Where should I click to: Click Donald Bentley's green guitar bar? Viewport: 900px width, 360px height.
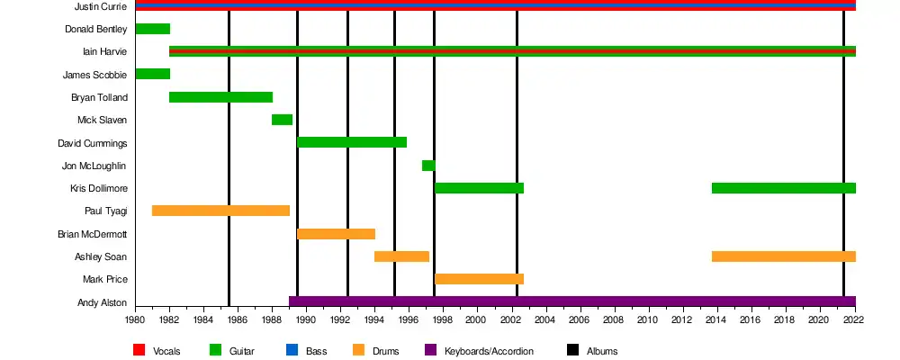point(152,29)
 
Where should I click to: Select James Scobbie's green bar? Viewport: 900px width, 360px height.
point(152,74)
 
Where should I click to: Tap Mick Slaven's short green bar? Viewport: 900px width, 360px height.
point(282,120)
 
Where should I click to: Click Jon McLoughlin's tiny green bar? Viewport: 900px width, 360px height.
point(428,166)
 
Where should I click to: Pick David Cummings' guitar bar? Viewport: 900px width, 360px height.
point(352,142)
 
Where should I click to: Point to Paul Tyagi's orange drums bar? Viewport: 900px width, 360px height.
point(220,211)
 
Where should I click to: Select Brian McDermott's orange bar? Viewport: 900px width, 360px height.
point(336,234)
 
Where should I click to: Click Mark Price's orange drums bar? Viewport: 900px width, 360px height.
point(479,279)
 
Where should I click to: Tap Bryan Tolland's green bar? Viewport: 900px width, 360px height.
point(220,97)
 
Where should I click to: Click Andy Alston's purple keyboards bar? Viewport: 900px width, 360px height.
point(571,301)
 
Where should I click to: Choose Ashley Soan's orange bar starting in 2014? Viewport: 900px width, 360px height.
point(783,256)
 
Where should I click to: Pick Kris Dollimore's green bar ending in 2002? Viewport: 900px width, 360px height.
point(479,188)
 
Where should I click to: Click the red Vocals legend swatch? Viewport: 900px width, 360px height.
point(139,350)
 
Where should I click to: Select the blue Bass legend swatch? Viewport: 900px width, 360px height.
point(290,350)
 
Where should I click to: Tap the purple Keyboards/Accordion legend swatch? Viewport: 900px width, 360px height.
point(430,350)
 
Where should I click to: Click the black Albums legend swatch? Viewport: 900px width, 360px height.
point(572,350)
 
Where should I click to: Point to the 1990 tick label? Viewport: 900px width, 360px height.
point(306,319)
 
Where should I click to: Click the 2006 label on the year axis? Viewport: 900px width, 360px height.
point(579,319)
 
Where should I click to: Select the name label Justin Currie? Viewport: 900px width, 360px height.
point(101,6)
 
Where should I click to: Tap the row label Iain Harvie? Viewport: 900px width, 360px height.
point(104,51)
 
